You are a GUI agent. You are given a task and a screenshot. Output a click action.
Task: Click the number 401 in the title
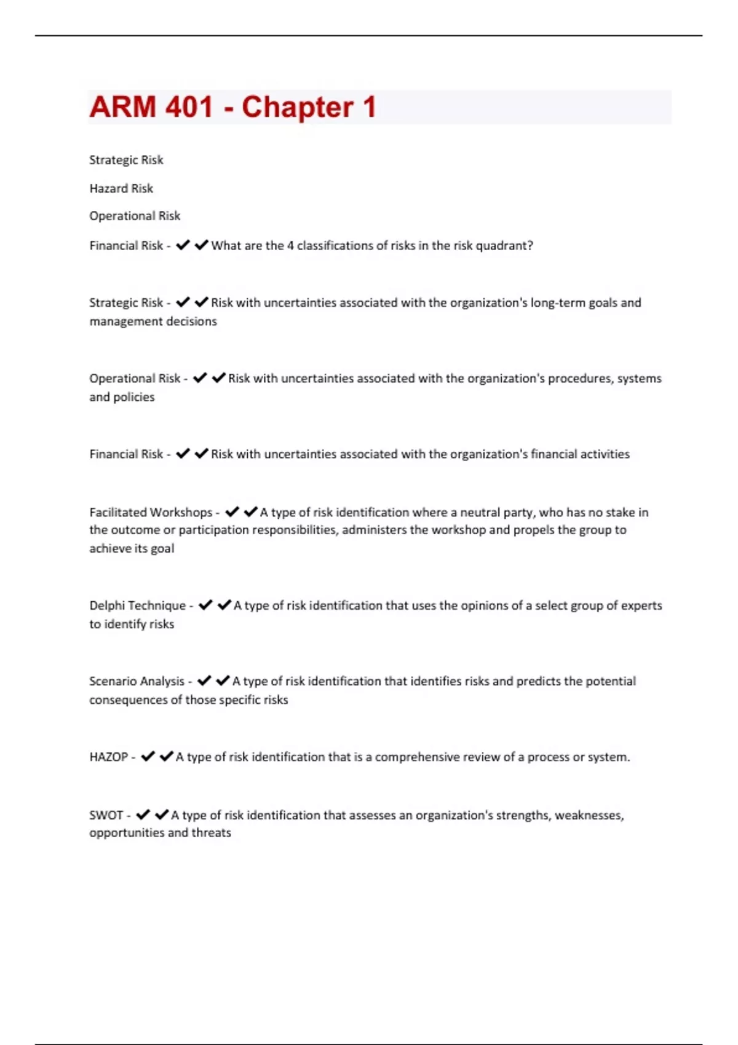point(189,108)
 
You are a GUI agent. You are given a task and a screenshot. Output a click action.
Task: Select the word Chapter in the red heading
point(297,108)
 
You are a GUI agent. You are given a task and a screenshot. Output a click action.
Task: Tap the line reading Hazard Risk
point(121,189)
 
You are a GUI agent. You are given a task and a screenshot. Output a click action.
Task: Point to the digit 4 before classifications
point(290,246)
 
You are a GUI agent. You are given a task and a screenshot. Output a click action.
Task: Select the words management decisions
point(153,321)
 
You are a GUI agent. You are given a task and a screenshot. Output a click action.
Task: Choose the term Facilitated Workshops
point(151,513)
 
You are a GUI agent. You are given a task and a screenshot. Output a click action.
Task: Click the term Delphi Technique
point(137,605)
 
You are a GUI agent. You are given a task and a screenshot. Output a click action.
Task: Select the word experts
point(641,605)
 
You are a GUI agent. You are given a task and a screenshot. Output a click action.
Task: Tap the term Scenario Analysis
point(137,681)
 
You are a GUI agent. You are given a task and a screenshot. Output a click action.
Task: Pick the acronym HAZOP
point(108,757)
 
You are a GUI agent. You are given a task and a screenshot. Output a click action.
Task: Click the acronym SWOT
point(106,816)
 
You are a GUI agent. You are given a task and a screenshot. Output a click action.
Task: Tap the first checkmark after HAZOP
point(148,757)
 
